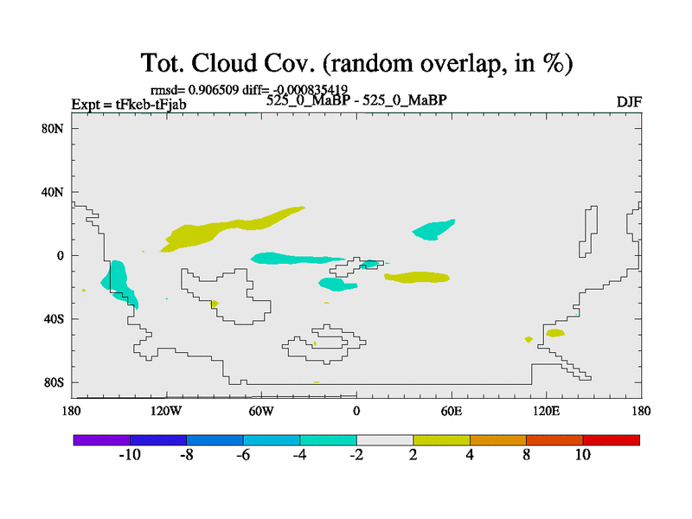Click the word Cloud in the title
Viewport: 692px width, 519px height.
click(x=224, y=62)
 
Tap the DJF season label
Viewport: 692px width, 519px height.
click(x=629, y=102)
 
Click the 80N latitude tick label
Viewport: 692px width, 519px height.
click(x=53, y=128)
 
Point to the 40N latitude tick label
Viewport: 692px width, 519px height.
click(x=53, y=192)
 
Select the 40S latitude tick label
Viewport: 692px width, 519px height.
click(x=54, y=318)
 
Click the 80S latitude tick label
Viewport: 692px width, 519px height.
click(x=54, y=382)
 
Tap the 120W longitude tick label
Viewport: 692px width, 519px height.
click(x=166, y=411)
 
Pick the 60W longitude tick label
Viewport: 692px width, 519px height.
click(x=261, y=411)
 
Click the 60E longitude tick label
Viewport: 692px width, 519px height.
click(x=452, y=411)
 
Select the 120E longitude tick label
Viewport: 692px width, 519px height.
click(x=547, y=411)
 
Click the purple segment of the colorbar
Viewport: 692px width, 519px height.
click(x=102, y=440)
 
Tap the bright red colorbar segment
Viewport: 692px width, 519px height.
click(x=612, y=440)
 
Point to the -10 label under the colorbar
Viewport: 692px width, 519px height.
click(x=130, y=455)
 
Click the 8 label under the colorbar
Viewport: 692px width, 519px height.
click(x=527, y=455)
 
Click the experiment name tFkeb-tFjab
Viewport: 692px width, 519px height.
click(x=151, y=105)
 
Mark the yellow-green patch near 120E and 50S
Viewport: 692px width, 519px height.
click(x=554, y=333)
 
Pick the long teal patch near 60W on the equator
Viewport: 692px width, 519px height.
click(x=296, y=258)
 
